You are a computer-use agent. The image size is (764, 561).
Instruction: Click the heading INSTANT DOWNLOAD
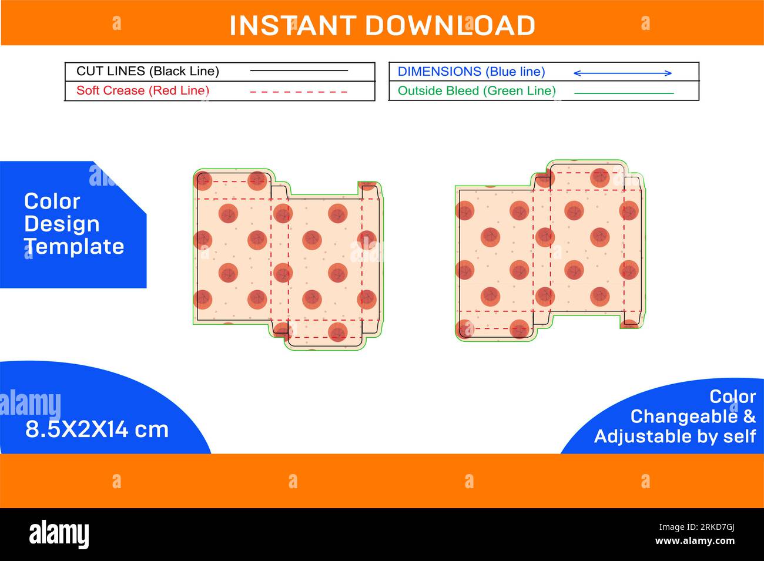click(x=382, y=25)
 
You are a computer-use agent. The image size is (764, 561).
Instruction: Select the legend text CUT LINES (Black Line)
click(x=148, y=72)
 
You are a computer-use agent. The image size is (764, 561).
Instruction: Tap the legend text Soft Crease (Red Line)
click(x=143, y=90)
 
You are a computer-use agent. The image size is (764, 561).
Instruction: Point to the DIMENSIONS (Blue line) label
click(x=471, y=72)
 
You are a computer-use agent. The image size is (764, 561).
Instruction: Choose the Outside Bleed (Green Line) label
click(x=477, y=90)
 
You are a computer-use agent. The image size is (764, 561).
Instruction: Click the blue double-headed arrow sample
click(x=622, y=73)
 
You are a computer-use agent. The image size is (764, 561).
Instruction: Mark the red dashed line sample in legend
click(x=299, y=92)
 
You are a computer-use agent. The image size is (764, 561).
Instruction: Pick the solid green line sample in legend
click(x=624, y=93)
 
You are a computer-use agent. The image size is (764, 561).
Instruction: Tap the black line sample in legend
click(x=299, y=71)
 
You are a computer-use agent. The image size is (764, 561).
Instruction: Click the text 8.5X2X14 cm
click(x=97, y=429)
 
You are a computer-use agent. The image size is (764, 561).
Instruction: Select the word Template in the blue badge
click(x=74, y=247)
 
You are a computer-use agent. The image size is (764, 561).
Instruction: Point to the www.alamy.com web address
click(x=695, y=541)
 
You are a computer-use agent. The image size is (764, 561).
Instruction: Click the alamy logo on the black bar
click(x=59, y=534)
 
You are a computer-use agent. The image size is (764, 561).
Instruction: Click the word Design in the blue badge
click(x=62, y=224)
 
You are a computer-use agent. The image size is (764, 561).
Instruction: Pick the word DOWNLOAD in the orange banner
click(x=450, y=25)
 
